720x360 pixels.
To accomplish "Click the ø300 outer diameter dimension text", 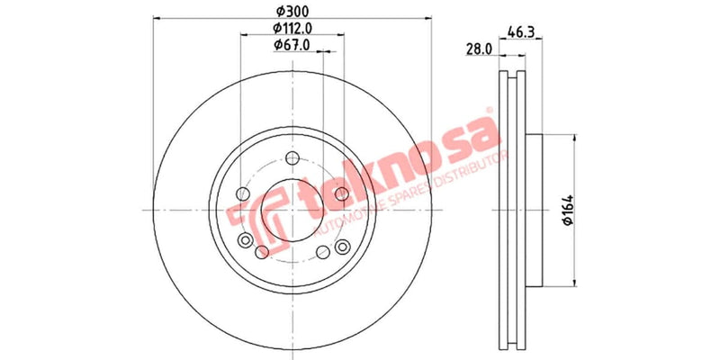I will click(292, 11).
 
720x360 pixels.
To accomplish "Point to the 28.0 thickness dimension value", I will click(478, 50).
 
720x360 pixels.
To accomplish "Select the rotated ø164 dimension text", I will click(568, 211).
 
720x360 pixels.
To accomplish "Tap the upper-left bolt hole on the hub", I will click(242, 194).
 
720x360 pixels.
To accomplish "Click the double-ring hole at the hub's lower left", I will click(246, 240).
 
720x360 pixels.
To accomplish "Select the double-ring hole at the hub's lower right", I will click(341, 247).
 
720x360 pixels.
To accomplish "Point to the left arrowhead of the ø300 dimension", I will click(155, 20).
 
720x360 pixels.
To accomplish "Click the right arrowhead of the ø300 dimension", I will click(430, 20).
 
